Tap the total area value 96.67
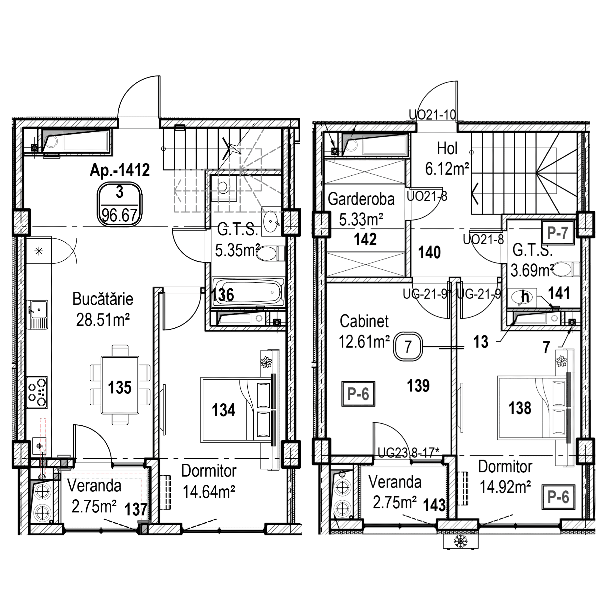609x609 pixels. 119,216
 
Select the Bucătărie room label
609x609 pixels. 103,299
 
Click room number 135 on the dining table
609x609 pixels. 120,387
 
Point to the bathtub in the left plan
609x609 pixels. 248,292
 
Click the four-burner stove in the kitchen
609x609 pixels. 37,392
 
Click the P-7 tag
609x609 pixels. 557,233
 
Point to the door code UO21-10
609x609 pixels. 432,115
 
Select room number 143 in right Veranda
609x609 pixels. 434,505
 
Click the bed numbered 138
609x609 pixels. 533,408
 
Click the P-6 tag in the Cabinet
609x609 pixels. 358,394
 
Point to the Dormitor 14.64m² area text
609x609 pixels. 209,491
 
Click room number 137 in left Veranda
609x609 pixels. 136,509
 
